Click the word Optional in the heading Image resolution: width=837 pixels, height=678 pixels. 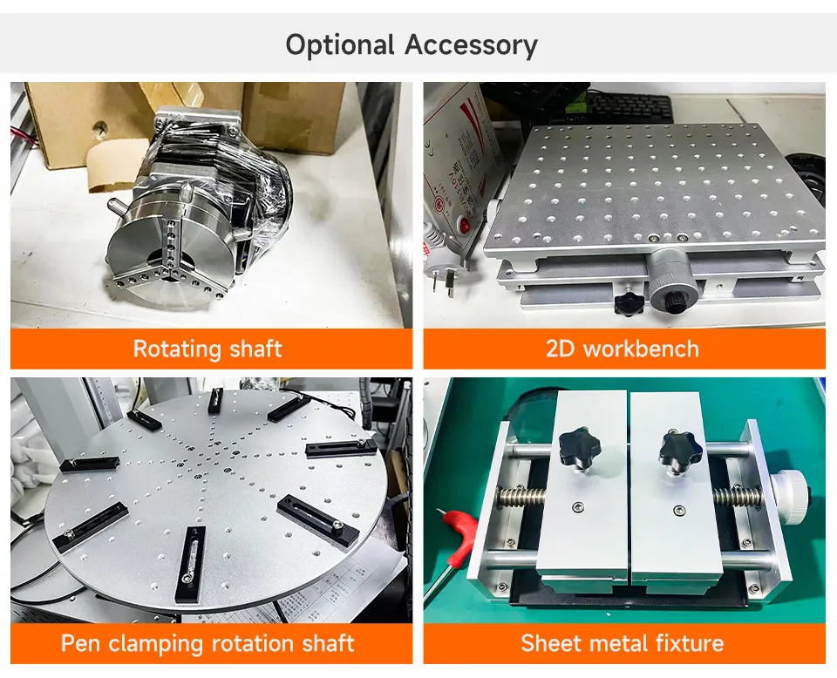coord(341,44)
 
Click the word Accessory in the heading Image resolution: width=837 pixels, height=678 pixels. coord(472,44)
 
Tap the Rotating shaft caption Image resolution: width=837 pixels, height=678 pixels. coord(208,349)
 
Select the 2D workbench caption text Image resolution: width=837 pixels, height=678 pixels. coord(623,349)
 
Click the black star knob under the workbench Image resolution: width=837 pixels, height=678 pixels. coord(628,302)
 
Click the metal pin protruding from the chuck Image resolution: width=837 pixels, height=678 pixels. coord(117,205)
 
